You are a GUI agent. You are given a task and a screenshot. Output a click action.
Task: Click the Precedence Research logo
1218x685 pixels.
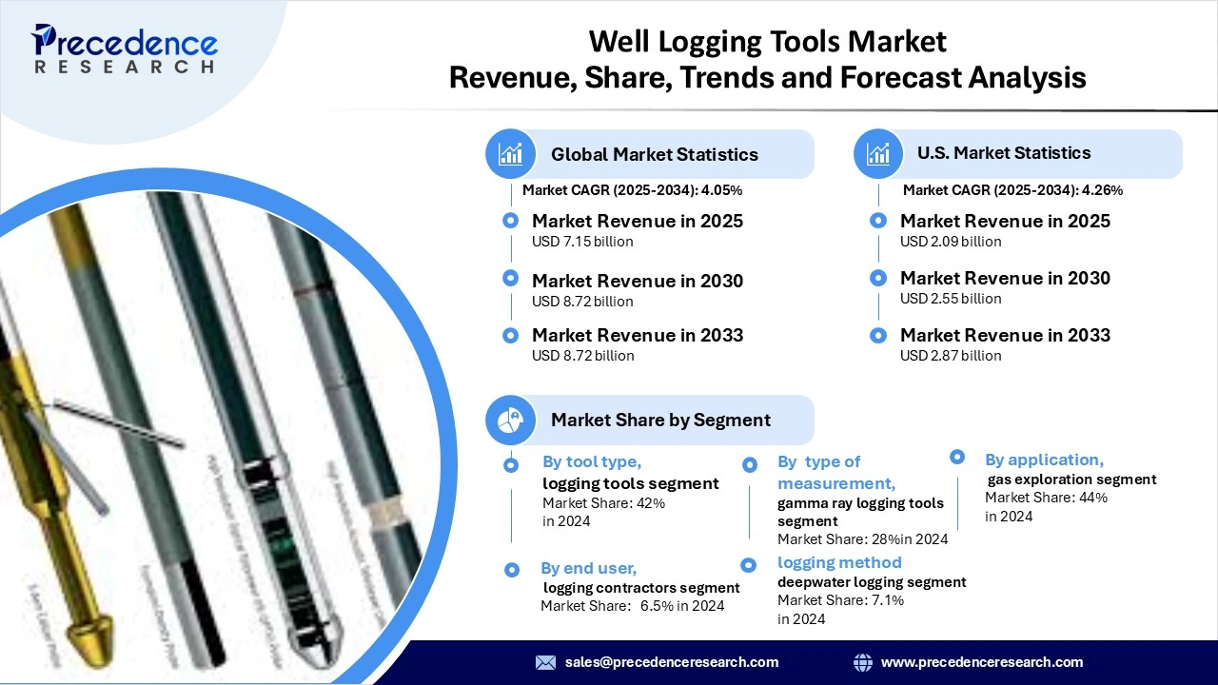pyautogui.click(x=125, y=48)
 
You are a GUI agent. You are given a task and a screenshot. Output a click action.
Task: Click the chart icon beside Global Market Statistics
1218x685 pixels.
pyautogui.click(x=511, y=153)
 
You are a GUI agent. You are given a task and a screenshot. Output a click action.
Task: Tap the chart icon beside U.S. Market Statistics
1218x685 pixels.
pyautogui.click(x=878, y=153)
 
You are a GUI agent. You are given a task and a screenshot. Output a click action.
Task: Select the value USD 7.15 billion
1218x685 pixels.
pyautogui.click(x=582, y=242)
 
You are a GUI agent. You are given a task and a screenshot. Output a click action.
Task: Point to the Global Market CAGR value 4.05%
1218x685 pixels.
pyautogui.click(x=721, y=190)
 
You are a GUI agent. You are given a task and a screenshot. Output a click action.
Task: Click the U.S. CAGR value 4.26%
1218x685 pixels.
pyautogui.click(x=1102, y=190)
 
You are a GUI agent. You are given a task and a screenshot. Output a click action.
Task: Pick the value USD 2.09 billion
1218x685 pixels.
pyautogui.click(x=951, y=242)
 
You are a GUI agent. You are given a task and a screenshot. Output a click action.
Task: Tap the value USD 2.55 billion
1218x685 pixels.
pyautogui.click(x=951, y=299)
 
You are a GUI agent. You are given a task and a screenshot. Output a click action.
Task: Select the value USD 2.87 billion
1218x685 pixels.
pyautogui.click(x=951, y=356)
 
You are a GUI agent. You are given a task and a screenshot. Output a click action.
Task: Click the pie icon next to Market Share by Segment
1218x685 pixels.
pyautogui.click(x=511, y=420)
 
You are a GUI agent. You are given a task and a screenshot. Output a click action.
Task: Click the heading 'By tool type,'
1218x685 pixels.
pyautogui.click(x=592, y=461)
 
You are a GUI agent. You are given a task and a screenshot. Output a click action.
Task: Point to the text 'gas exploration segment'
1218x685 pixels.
pyautogui.click(x=1072, y=479)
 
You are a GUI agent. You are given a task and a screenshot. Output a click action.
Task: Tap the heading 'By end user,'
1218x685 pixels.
pyautogui.click(x=588, y=568)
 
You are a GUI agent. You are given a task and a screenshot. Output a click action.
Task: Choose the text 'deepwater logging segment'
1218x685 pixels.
pyautogui.click(x=872, y=581)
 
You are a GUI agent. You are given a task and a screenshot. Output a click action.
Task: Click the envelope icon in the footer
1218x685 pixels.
pyautogui.click(x=545, y=662)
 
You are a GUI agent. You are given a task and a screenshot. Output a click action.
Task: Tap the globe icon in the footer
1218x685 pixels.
pyautogui.click(x=863, y=662)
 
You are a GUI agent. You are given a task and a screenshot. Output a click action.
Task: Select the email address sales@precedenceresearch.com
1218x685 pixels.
pyautogui.click(x=672, y=662)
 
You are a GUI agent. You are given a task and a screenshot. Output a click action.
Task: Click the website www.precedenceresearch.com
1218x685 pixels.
pyautogui.click(x=982, y=662)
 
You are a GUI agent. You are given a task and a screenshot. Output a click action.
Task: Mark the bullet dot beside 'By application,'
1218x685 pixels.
pyautogui.click(x=958, y=458)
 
